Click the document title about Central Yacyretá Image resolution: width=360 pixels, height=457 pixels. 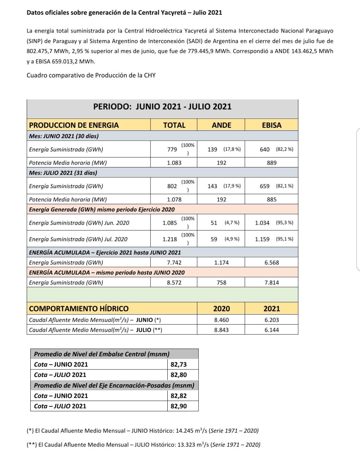[x=124, y=12]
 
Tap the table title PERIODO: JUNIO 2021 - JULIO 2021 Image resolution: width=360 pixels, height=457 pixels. [x=162, y=107]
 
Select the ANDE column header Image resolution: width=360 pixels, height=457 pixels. [x=221, y=125]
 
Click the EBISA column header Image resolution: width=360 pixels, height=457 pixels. [x=272, y=125]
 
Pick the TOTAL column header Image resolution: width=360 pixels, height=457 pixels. [x=174, y=125]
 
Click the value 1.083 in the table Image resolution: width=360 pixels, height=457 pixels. [x=174, y=163]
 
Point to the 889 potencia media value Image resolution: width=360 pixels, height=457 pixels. [x=272, y=163]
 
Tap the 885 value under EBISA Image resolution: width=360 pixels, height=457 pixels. [x=272, y=200]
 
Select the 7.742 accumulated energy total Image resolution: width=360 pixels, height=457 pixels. [x=174, y=263]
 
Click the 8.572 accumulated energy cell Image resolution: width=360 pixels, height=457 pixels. [x=174, y=283]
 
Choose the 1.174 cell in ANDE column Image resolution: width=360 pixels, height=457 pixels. [x=221, y=263]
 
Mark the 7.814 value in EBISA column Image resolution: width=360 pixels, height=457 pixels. [x=272, y=283]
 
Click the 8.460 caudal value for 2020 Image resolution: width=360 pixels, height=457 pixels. [x=221, y=320]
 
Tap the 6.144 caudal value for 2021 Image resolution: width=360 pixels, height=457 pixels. [x=272, y=330]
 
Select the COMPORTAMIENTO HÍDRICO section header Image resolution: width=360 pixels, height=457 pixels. [x=79, y=308]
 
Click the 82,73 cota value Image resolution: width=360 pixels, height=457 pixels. [x=179, y=365]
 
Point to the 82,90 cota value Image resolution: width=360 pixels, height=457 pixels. [x=179, y=406]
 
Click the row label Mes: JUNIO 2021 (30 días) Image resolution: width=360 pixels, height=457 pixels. [x=64, y=136]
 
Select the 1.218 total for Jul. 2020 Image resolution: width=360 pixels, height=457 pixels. [x=169, y=239]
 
